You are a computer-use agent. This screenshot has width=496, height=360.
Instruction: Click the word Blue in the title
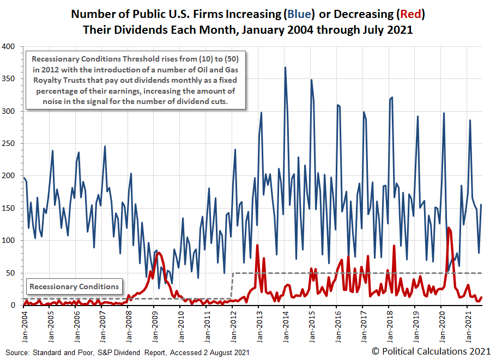tap(297, 13)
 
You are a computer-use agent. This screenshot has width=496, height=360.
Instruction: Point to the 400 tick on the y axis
tap(9, 47)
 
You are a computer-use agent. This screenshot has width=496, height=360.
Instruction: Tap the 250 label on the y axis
tap(9, 144)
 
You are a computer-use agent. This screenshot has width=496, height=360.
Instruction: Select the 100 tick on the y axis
tap(9, 241)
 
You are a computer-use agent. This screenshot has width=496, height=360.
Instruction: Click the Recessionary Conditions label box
tap(74, 286)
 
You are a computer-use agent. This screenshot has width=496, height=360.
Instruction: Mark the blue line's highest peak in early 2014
tap(285, 68)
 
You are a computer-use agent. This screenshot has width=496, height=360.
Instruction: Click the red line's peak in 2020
tap(448, 228)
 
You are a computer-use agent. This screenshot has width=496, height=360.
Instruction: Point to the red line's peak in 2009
tap(159, 253)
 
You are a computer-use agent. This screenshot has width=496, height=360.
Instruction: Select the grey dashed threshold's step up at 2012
tap(233, 285)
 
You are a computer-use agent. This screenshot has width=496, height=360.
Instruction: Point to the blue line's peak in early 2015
tap(311, 80)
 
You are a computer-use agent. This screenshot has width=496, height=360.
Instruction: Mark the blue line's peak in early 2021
tap(470, 120)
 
